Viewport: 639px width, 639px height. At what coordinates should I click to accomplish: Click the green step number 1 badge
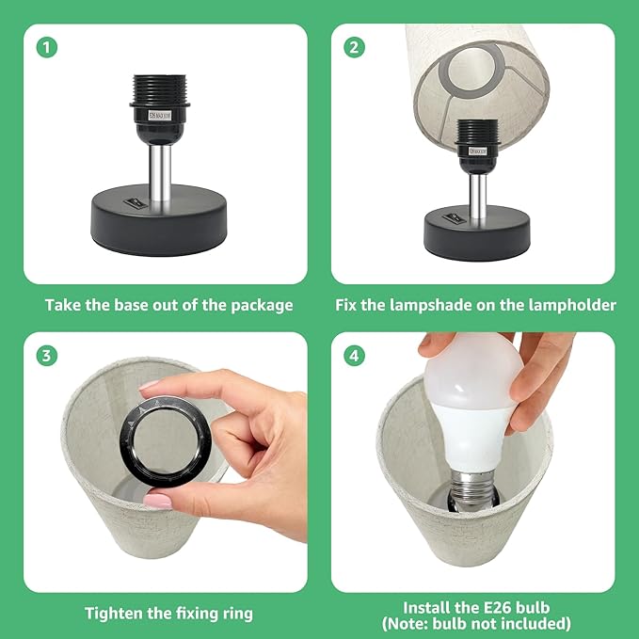(x=47, y=47)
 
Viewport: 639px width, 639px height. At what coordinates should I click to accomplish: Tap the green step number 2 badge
(x=354, y=47)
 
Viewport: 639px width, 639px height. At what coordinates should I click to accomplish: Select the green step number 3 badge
(x=47, y=356)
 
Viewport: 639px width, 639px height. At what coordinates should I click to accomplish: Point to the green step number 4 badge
(x=354, y=356)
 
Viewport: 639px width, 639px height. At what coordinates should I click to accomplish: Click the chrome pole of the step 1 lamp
(x=159, y=173)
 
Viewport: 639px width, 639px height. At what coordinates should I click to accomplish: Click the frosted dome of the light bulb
(x=473, y=373)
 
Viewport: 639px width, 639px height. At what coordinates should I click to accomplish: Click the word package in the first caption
(x=262, y=306)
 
